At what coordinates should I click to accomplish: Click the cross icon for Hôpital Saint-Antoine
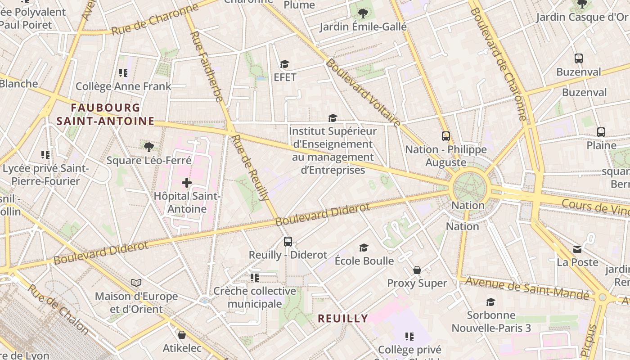click(x=187, y=183)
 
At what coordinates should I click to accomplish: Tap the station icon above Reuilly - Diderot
click(x=288, y=242)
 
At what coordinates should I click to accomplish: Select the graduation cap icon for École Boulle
click(x=364, y=247)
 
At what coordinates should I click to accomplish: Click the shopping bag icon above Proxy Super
click(x=417, y=270)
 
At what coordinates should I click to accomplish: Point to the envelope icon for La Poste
click(x=577, y=249)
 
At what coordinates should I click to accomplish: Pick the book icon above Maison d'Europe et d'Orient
click(x=136, y=283)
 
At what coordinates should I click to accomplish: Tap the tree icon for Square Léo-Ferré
click(x=149, y=147)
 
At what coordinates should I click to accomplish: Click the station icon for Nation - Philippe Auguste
click(x=445, y=136)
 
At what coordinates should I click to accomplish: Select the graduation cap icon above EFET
click(x=284, y=64)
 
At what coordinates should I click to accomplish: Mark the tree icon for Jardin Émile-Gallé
click(x=363, y=13)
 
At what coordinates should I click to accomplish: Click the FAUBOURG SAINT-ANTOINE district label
click(x=105, y=114)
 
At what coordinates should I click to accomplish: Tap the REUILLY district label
click(x=343, y=319)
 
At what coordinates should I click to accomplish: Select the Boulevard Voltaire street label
click(x=363, y=93)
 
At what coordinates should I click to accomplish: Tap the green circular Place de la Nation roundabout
click(x=469, y=186)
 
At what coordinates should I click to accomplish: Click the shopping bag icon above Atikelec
click(x=182, y=335)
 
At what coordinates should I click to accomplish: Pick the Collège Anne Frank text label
click(x=123, y=86)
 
